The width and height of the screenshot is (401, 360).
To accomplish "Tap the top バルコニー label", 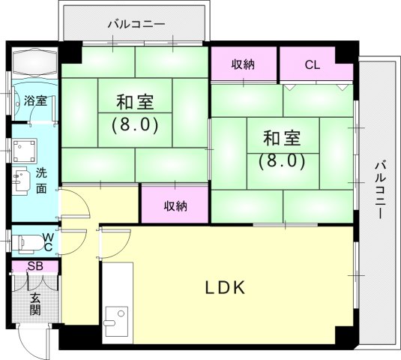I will click(x=135, y=23).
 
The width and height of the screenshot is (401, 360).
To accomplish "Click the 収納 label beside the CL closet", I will click(x=243, y=64).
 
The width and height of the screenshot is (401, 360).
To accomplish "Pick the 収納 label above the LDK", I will click(x=175, y=205).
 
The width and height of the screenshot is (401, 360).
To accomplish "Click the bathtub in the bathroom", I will click(x=32, y=61).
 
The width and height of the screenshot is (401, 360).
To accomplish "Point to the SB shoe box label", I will click(x=34, y=266).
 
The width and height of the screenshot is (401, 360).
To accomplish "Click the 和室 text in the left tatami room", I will click(x=135, y=101).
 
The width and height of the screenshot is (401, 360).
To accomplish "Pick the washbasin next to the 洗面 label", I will click(x=20, y=181).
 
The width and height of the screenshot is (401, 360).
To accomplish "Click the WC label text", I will click(x=46, y=241).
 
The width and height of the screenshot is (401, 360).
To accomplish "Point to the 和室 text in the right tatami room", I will click(x=281, y=139).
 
